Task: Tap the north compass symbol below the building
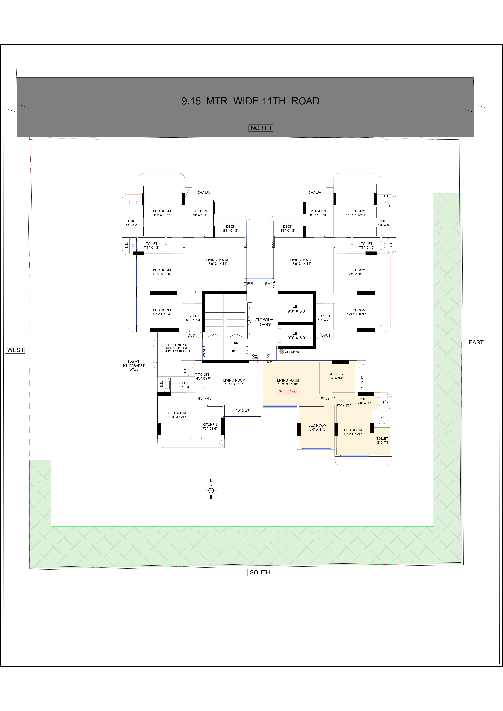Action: [x=211, y=490]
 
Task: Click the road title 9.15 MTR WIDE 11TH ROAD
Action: [x=250, y=101]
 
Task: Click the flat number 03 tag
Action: [x=250, y=283]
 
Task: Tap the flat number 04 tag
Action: [x=268, y=283]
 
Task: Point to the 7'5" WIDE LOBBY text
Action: [x=264, y=322]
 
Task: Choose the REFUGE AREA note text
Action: [x=177, y=348]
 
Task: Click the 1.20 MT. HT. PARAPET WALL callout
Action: [x=134, y=365]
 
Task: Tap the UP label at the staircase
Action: [x=233, y=351]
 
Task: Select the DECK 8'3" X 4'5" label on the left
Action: [x=231, y=228]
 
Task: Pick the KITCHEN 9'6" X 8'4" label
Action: [x=336, y=376]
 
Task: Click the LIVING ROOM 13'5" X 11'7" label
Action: [x=234, y=382]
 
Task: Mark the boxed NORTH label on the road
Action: [x=261, y=128]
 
